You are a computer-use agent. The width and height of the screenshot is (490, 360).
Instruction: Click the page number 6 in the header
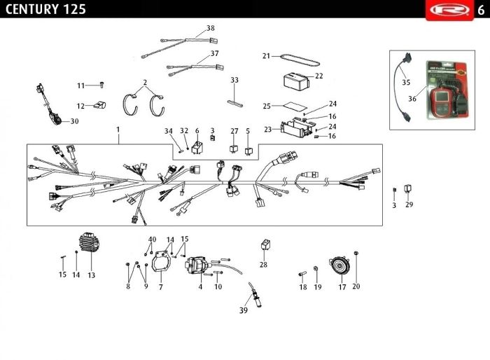point(481,9)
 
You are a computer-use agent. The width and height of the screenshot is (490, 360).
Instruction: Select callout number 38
point(210,29)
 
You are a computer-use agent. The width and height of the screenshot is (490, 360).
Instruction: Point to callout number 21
point(266,55)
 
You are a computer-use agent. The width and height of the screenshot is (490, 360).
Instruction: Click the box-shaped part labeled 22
point(295,78)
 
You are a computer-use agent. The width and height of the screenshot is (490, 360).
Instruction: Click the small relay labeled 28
point(264,245)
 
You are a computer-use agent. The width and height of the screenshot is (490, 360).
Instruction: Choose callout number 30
point(74,121)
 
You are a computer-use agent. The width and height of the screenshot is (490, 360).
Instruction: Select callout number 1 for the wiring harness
point(118,130)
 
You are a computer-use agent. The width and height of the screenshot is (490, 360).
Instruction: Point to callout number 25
point(266,106)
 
